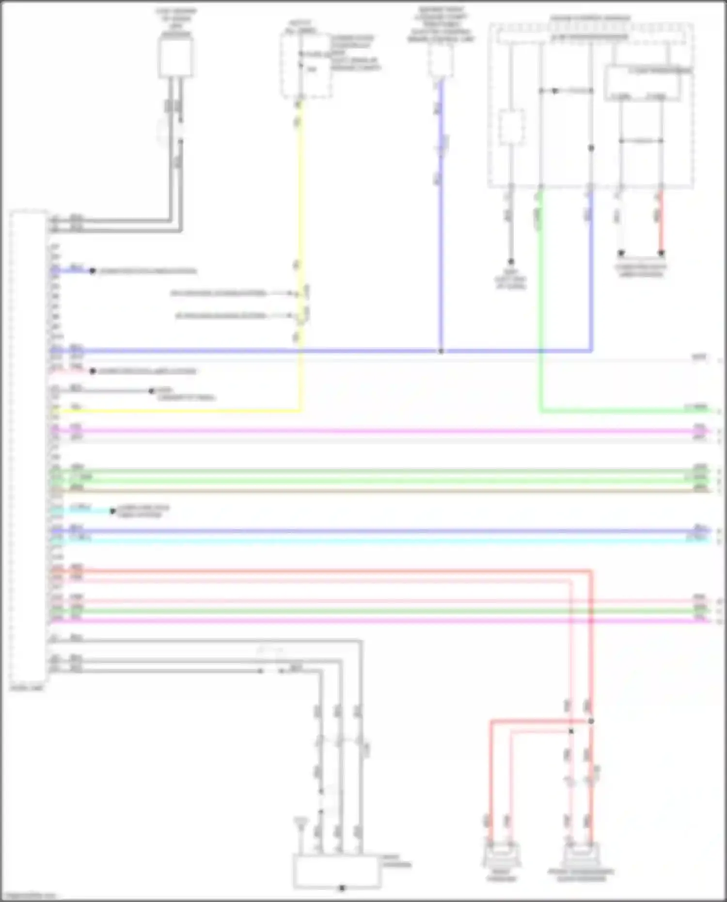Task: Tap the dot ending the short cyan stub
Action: tap(112, 511)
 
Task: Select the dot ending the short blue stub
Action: tap(92, 271)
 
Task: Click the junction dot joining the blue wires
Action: tap(441, 351)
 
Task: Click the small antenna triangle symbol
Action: tap(300, 822)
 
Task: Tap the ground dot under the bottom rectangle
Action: tap(342, 888)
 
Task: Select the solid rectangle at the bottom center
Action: tap(336, 871)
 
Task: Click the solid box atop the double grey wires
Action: tap(175, 57)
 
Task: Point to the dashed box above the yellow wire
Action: tap(306, 65)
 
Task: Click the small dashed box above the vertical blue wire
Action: tap(441, 61)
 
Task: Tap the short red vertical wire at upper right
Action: tap(661, 223)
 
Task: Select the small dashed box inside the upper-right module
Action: tap(511, 127)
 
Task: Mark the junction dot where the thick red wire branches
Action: tap(591, 721)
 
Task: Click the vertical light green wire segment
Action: tap(540, 301)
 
